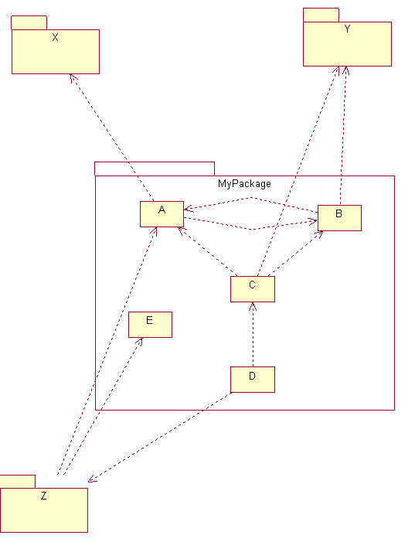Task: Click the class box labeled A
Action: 162,214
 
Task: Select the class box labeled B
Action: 339,218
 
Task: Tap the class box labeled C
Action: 253,289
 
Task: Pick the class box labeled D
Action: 253,380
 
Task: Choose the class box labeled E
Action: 151,325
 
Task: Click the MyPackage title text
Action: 244,184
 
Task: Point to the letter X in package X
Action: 55,37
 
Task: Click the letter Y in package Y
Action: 347,29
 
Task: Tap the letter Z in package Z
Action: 44,496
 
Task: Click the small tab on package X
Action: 29,22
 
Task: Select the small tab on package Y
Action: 321,15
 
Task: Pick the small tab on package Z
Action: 18,482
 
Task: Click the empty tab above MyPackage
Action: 155,169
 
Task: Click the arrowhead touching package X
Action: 73,78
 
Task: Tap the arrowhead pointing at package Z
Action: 92,479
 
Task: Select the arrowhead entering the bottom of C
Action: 253,306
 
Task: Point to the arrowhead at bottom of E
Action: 139,342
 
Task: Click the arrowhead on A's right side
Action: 189,209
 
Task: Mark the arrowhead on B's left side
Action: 313,222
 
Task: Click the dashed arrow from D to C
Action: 253,335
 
